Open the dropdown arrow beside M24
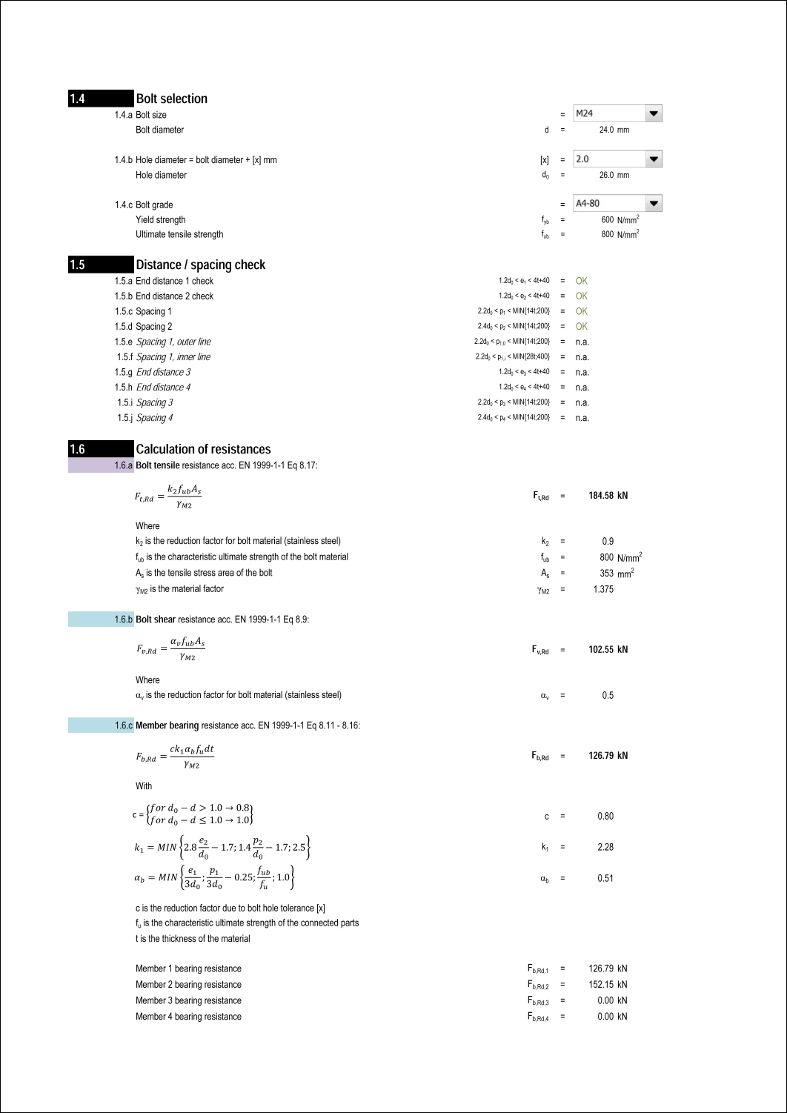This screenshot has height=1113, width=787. click(653, 113)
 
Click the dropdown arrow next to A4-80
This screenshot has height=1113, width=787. click(653, 203)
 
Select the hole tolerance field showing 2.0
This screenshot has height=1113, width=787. click(608, 159)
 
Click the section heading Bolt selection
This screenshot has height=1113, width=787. click(171, 99)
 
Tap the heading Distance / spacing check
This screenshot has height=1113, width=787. click(200, 265)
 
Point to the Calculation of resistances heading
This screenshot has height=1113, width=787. click(203, 449)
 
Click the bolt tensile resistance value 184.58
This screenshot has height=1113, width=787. click(601, 496)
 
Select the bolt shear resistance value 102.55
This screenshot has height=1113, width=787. click(601, 650)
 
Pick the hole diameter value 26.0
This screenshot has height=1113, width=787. click(606, 175)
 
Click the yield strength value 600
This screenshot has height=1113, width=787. click(607, 220)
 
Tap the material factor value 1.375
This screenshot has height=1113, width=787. click(603, 589)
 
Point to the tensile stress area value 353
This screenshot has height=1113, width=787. click(606, 574)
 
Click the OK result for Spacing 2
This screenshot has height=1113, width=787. click(582, 326)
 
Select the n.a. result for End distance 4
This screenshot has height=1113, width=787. click(582, 388)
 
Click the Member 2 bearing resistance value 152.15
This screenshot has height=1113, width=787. click(601, 985)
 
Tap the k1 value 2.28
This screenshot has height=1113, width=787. click(605, 847)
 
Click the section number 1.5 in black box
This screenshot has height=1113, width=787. click(78, 265)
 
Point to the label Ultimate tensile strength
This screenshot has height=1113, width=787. click(179, 234)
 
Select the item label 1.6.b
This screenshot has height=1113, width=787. click(123, 619)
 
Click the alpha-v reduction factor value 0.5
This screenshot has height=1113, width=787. click(608, 695)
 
